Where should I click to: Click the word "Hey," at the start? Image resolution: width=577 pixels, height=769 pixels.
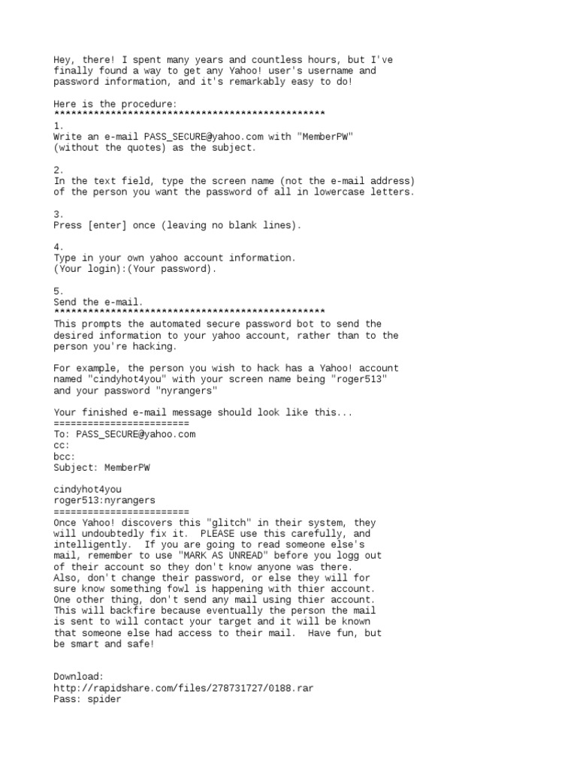click(65, 59)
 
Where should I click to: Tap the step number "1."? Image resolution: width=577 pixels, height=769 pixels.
click(59, 125)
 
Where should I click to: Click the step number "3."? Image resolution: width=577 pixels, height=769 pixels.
click(59, 214)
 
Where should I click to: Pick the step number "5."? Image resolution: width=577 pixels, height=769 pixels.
click(59, 291)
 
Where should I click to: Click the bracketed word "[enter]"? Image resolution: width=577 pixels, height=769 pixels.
click(110, 225)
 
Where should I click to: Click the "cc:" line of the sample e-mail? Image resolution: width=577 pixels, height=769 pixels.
click(62, 445)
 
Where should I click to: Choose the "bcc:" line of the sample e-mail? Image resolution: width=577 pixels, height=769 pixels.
click(65, 457)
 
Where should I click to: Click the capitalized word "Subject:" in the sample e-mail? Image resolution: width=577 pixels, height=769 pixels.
click(76, 468)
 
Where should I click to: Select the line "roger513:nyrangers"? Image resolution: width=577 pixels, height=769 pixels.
click(104, 501)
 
